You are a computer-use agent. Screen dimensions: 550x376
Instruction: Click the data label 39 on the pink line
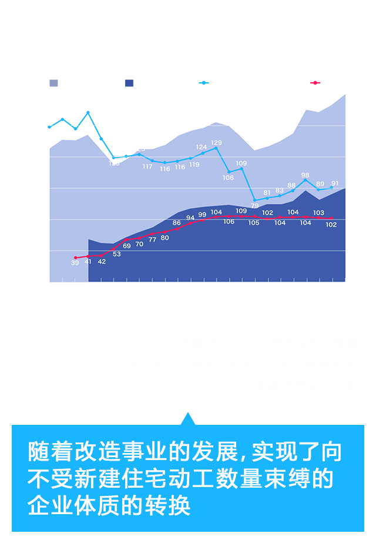75,263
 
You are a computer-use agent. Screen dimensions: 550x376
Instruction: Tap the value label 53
117,254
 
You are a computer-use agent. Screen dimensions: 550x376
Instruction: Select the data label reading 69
127,246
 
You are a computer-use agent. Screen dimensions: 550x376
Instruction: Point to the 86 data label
177,223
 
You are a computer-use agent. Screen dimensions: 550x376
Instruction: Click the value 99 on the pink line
202,215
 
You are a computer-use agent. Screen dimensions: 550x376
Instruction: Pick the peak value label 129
216,143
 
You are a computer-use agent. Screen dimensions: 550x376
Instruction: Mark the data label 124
202,147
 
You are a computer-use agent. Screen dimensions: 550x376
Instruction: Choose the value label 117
147,167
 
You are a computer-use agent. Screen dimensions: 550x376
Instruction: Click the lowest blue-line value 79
254,206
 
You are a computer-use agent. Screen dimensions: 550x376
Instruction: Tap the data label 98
305,175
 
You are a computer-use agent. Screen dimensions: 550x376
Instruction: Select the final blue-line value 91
335,183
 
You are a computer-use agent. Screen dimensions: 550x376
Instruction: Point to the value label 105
254,223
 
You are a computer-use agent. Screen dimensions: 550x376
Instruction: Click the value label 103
318,213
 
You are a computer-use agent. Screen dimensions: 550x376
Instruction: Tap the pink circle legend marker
315,82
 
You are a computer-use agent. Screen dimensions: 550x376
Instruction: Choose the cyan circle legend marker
204,82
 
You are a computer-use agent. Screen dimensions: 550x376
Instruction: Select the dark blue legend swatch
129,82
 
